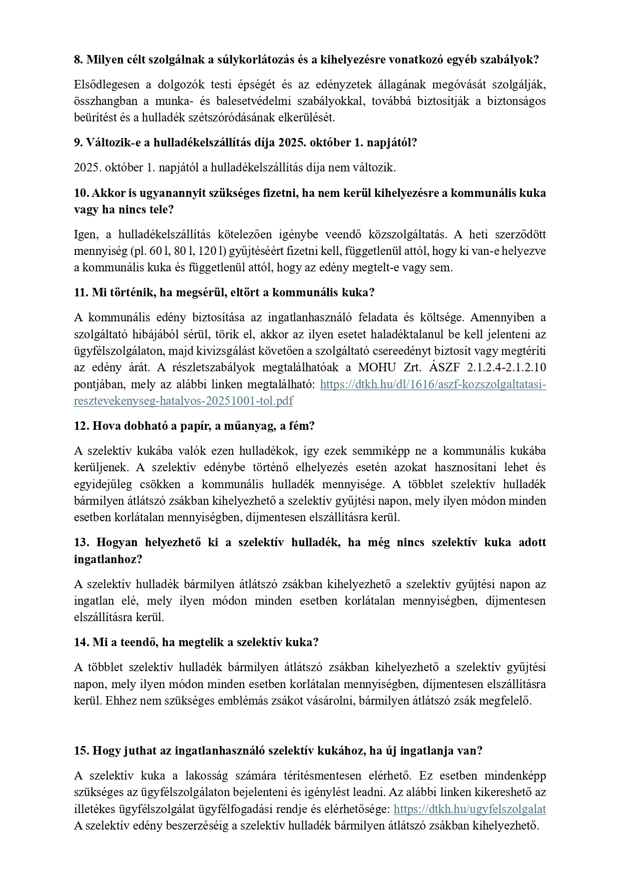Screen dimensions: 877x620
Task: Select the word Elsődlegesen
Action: [105, 84]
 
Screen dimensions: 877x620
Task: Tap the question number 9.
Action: [78, 142]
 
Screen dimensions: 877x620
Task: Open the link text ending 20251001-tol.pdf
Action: [183, 401]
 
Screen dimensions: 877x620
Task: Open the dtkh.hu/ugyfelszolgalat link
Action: [469, 809]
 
